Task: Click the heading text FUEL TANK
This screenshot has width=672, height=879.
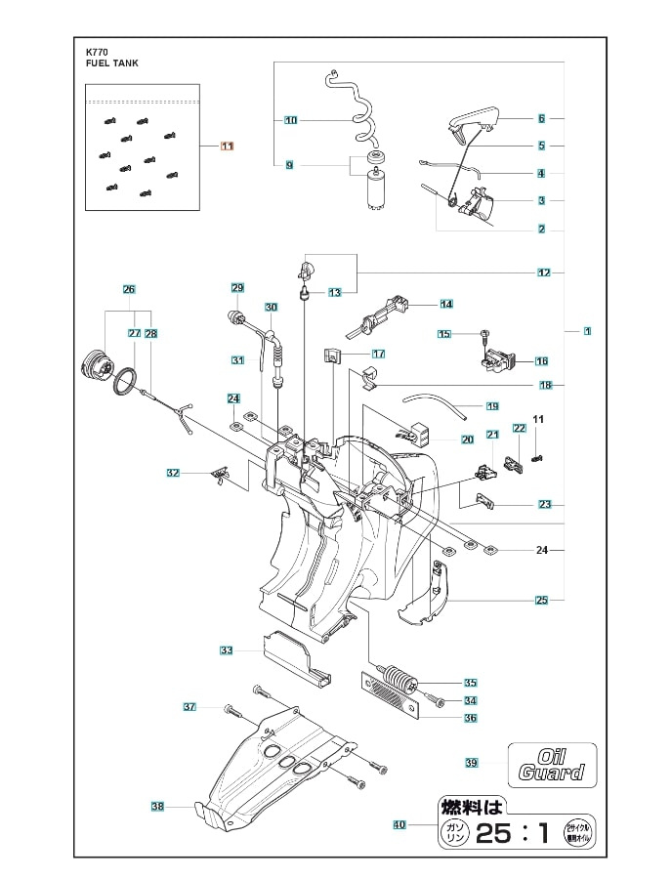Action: tap(112, 63)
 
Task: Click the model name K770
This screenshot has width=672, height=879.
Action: tap(99, 51)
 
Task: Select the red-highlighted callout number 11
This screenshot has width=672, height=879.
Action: tap(227, 146)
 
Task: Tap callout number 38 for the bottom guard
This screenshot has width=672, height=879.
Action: tap(157, 807)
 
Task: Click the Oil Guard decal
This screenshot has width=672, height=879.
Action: tap(552, 765)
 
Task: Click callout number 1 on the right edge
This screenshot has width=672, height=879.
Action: tap(587, 331)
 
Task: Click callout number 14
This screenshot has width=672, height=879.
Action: tap(446, 304)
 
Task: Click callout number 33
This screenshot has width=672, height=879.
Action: tap(227, 649)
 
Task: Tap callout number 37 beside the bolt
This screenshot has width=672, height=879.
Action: tap(190, 706)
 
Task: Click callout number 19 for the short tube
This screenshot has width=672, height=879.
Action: tap(492, 406)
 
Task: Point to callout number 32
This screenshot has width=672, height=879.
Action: tap(173, 474)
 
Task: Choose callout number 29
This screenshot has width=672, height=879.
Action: tap(237, 287)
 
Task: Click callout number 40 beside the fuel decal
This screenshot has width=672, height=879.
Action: tap(399, 825)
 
